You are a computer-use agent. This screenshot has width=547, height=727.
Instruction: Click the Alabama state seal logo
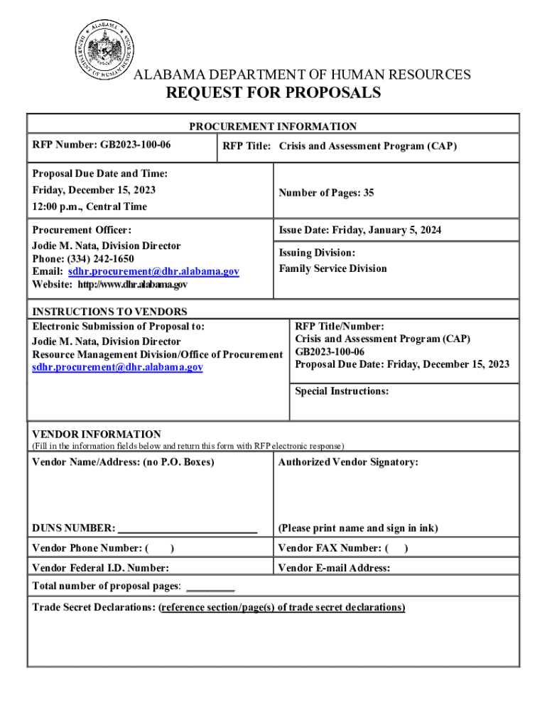[106, 52]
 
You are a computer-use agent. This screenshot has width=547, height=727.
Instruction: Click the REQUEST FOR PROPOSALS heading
[273, 93]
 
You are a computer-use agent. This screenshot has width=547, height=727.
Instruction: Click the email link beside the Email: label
[153, 271]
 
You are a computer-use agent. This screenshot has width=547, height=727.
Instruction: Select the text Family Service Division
[332, 268]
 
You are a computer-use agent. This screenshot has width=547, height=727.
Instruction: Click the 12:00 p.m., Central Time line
[90, 207]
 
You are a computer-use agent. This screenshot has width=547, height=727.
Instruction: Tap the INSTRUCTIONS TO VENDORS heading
[110, 312]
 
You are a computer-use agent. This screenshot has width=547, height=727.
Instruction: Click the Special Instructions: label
[342, 391]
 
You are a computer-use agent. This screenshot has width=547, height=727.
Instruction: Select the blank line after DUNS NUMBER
[188, 529]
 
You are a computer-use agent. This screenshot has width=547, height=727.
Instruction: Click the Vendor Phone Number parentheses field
[161, 548]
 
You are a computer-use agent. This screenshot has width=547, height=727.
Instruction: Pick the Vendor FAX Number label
[330, 548]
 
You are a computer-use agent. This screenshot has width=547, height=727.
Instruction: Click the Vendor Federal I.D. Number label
[101, 568]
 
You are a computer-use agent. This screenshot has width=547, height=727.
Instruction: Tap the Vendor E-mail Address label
[334, 568]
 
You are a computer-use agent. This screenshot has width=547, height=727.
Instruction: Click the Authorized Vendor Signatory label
[348, 462]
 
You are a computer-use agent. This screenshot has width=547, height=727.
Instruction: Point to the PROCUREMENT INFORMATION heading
[273, 126]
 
